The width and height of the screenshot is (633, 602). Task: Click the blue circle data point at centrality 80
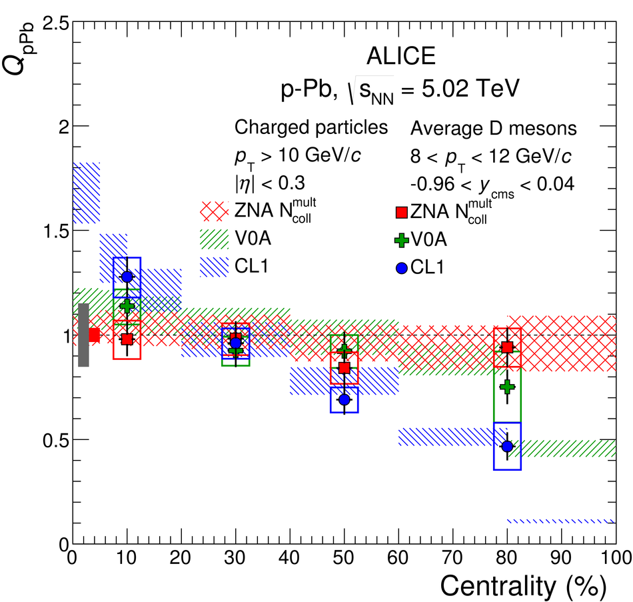tap(507, 446)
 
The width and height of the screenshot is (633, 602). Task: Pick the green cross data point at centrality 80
tap(507, 387)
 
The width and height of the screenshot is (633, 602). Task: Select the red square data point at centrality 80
tap(507, 347)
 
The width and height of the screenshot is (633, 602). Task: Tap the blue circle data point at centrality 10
tap(127, 277)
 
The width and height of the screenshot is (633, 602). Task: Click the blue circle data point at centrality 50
tap(344, 399)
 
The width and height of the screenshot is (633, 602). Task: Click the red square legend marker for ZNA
tap(401, 213)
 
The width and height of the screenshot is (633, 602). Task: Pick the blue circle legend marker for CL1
tap(401, 267)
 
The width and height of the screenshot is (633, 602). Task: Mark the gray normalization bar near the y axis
tap(83, 335)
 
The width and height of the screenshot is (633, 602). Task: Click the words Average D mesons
tap(494, 127)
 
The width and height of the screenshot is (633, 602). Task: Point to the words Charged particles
tap(311, 127)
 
